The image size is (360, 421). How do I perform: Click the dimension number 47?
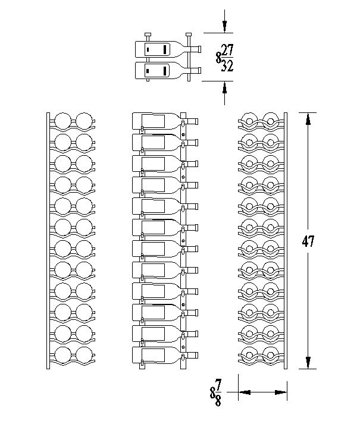coord(308,241)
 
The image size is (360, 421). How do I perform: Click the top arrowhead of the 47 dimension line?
coord(308,118)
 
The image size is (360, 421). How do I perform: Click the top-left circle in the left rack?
coord(62,121)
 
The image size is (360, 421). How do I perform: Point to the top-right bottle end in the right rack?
coord(271,121)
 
